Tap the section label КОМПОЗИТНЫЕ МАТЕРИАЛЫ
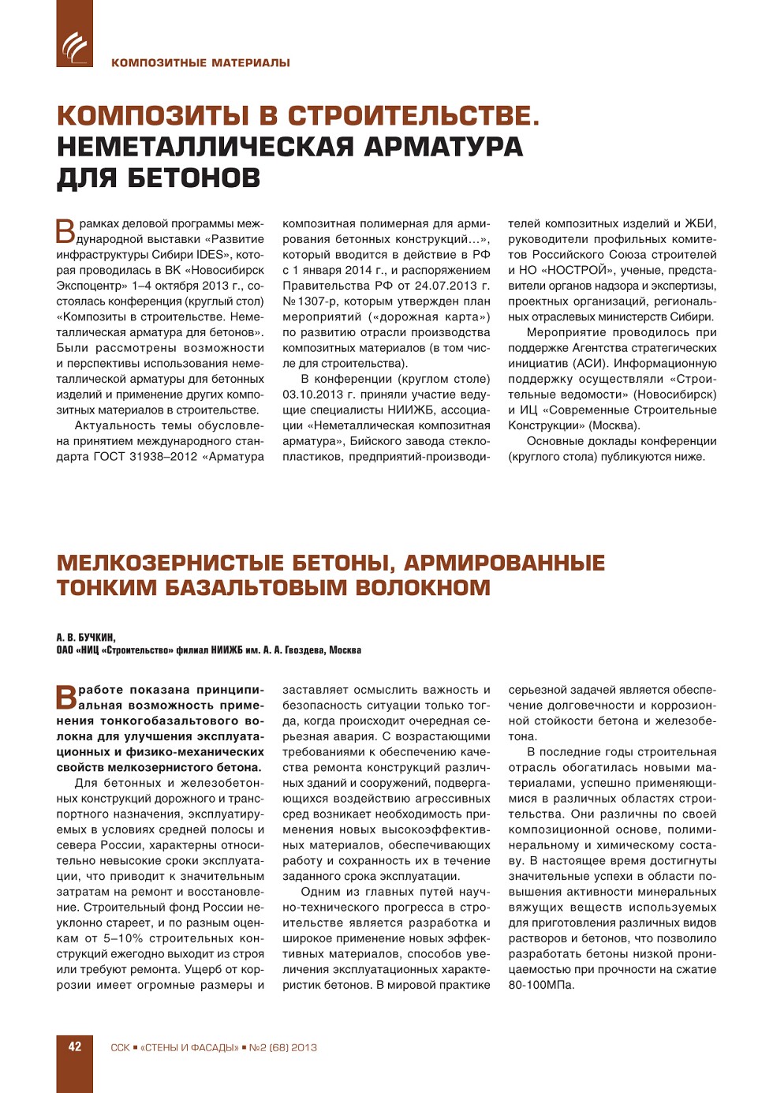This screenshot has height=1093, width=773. pyautogui.click(x=200, y=63)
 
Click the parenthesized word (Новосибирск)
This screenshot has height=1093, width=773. pyautogui.click(x=675, y=395)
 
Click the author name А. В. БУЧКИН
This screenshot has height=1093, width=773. pyautogui.click(x=86, y=638)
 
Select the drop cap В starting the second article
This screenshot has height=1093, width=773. pyautogui.click(x=66, y=697)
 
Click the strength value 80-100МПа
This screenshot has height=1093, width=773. pyautogui.click(x=541, y=986)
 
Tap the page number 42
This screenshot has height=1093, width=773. pyautogui.click(x=75, y=1047)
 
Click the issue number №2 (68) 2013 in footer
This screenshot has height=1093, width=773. pyautogui.click(x=282, y=1048)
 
